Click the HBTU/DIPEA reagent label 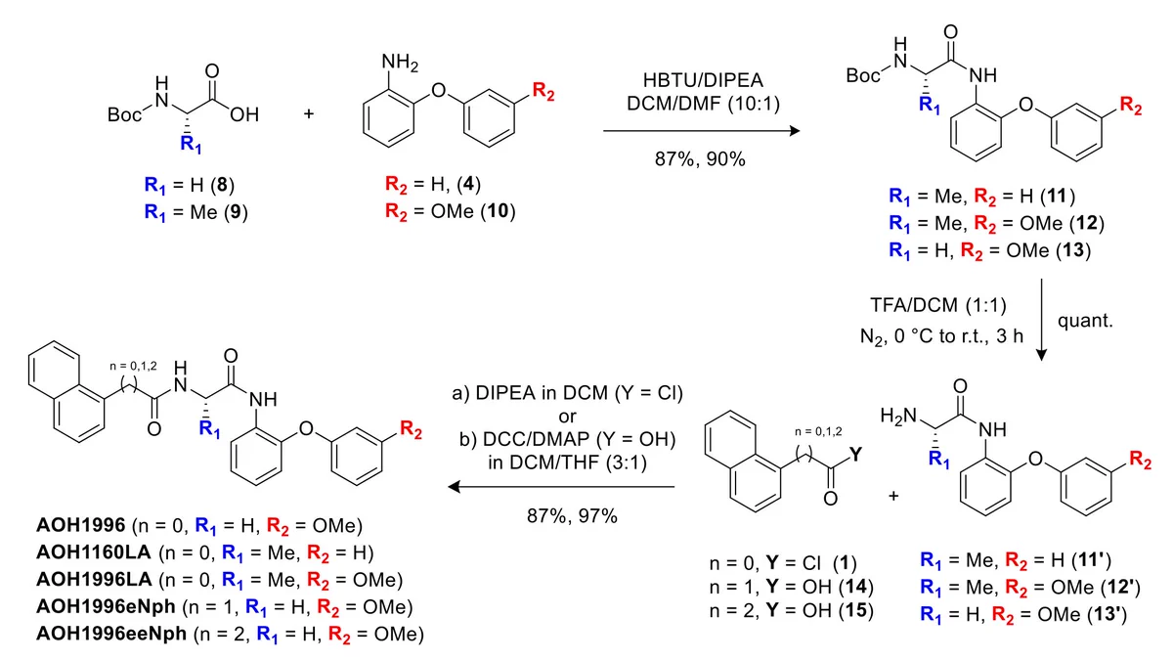pos(703,80)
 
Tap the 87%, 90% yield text pos(700,158)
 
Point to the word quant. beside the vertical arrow pos(1085,321)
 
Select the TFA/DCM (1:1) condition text pos(938,305)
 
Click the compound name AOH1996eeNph pos(111,634)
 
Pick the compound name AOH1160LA pos(93,552)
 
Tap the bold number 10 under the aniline pos(498,211)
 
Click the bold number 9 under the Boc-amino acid pos(236,212)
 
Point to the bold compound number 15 pos(855,611)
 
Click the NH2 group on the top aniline pos(400,63)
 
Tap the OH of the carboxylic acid pos(244,114)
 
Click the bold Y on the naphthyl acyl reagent pos(855,454)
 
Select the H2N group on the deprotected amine pos(898,417)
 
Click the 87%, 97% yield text pos(572,516)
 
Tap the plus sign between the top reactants pos(309,113)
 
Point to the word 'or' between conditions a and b pos(568,417)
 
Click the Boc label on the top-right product pos(863,76)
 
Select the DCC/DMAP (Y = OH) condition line pos(568,439)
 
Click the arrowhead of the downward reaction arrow pos(1042,354)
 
